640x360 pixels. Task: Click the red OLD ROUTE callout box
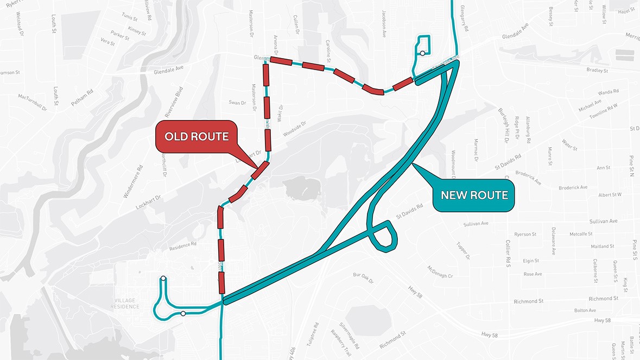pyautogui.click(x=197, y=136)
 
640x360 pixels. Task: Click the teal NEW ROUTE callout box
pyautogui.click(x=474, y=195)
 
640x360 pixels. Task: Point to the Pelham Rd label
pyautogui.click(x=83, y=98)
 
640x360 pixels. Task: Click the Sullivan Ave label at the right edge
pyautogui.click(x=603, y=222)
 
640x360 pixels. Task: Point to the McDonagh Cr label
pyautogui.click(x=440, y=272)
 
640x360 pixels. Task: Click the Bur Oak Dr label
pyautogui.click(x=363, y=279)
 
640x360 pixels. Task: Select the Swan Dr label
pyautogui.click(x=237, y=102)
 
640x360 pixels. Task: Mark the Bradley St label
pyautogui.click(x=597, y=70)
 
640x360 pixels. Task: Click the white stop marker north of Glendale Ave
pyautogui.click(x=422, y=53)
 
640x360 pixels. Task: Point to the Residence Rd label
pyautogui.click(x=182, y=245)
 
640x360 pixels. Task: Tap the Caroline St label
pyautogui.click(x=328, y=51)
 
